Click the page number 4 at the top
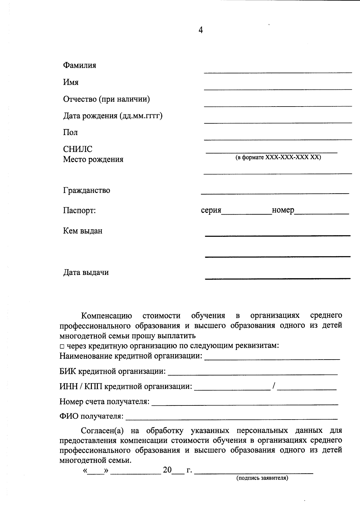coord(201,30)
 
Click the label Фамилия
coord(79,65)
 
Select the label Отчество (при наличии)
coord(106,99)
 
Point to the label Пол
coord(70,132)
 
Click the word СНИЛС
coord(78,149)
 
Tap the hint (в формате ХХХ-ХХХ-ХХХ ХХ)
coord(278,157)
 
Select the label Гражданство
coord(86,190)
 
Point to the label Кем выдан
coord(82,231)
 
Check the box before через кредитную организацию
coord(62,346)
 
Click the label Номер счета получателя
coord(104,401)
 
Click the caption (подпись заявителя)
coord(262,478)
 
